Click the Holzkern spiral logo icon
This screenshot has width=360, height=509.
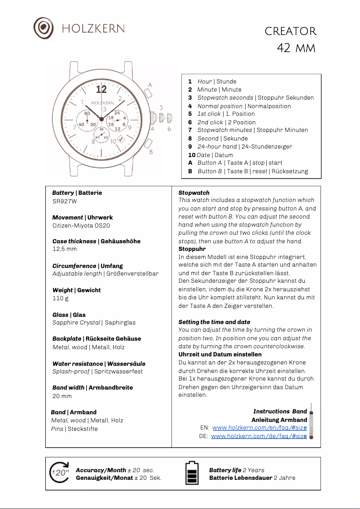click(x=44, y=28)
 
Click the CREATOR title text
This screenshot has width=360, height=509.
click(x=290, y=31)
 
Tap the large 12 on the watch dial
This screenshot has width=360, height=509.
click(x=101, y=89)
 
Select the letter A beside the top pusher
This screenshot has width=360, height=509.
click(x=150, y=85)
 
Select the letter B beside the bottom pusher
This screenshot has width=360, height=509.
click(x=151, y=152)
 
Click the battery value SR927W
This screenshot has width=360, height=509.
click(x=65, y=201)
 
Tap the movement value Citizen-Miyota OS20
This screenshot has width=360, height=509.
click(x=81, y=226)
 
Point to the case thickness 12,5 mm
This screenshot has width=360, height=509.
click(x=64, y=249)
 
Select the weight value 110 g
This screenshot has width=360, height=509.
click(x=61, y=298)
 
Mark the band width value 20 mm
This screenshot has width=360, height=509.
click(x=62, y=396)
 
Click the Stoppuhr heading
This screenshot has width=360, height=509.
click(x=192, y=249)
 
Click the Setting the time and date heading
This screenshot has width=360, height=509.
click(x=214, y=322)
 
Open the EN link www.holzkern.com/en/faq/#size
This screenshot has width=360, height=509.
click(x=259, y=428)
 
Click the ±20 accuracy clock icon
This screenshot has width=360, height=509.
click(x=60, y=473)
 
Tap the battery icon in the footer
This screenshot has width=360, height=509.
click(x=192, y=473)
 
